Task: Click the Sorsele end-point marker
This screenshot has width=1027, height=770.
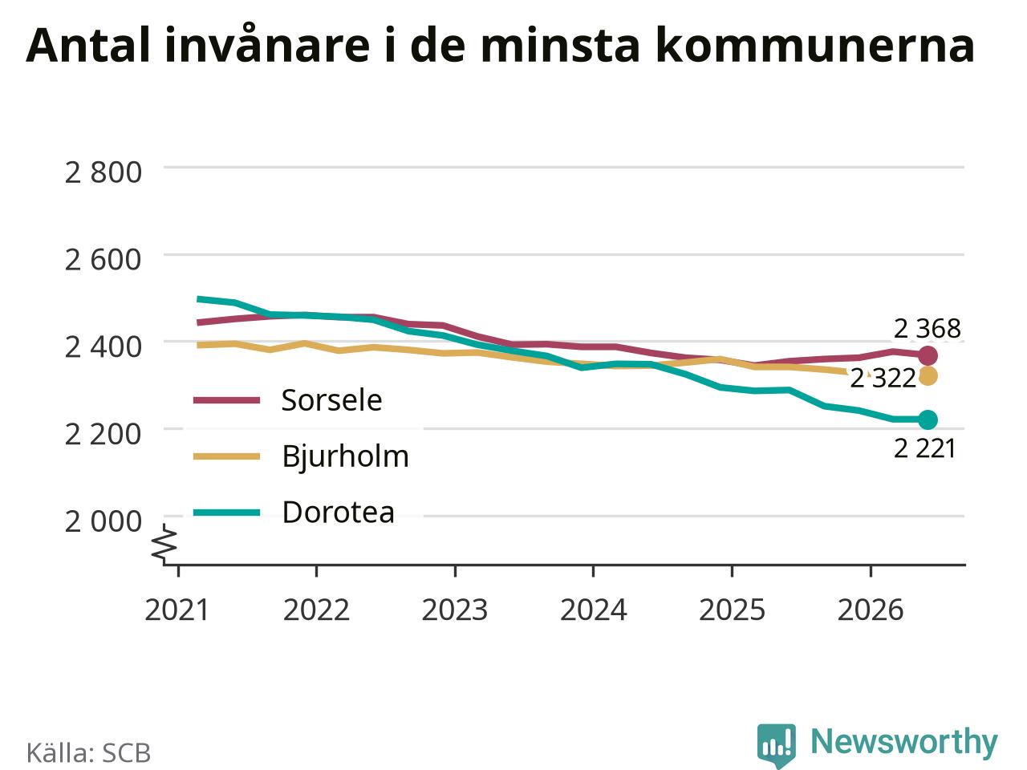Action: pyautogui.click(x=928, y=356)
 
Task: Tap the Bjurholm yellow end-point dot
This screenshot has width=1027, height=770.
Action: pyautogui.click(x=928, y=376)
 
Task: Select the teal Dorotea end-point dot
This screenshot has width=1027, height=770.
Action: pyautogui.click(x=928, y=419)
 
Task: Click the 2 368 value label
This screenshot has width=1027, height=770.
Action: pyautogui.click(x=927, y=329)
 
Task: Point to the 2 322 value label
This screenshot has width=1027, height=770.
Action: pyautogui.click(x=883, y=379)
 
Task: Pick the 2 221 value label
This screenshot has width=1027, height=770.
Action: pyautogui.click(x=924, y=449)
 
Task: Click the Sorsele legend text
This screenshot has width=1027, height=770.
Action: pyautogui.click(x=331, y=400)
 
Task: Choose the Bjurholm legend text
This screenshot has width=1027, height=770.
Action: pyautogui.click(x=345, y=456)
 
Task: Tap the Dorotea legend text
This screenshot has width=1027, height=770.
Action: pyautogui.click(x=339, y=512)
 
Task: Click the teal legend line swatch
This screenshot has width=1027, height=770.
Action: pyautogui.click(x=226, y=513)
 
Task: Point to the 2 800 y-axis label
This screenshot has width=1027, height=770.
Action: pyautogui.click(x=103, y=172)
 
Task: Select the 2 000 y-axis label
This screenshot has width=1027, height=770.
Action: pyautogui.click(x=103, y=521)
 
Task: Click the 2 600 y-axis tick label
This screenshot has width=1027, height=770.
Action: pyautogui.click(x=103, y=260)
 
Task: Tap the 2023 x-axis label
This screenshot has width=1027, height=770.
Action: pyautogui.click(x=455, y=610)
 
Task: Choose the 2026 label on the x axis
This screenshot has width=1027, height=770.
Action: pyautogui.click(x=871, y=610)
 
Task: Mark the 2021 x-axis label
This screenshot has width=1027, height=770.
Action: pyautogui.click(x=177, y=610)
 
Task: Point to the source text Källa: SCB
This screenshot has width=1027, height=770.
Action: pyautogui.click(x=88, y=752)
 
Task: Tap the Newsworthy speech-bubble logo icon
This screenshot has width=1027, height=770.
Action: pyautogui.click(x=776, y=744)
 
